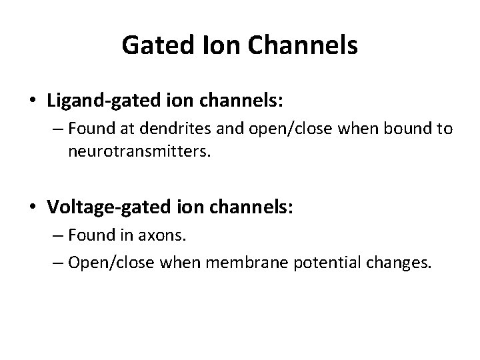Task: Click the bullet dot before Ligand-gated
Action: tap(33, 101)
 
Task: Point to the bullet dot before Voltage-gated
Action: tap(33, 207)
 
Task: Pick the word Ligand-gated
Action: tap(93, 101)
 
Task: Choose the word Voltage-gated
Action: tap(97, 207)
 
